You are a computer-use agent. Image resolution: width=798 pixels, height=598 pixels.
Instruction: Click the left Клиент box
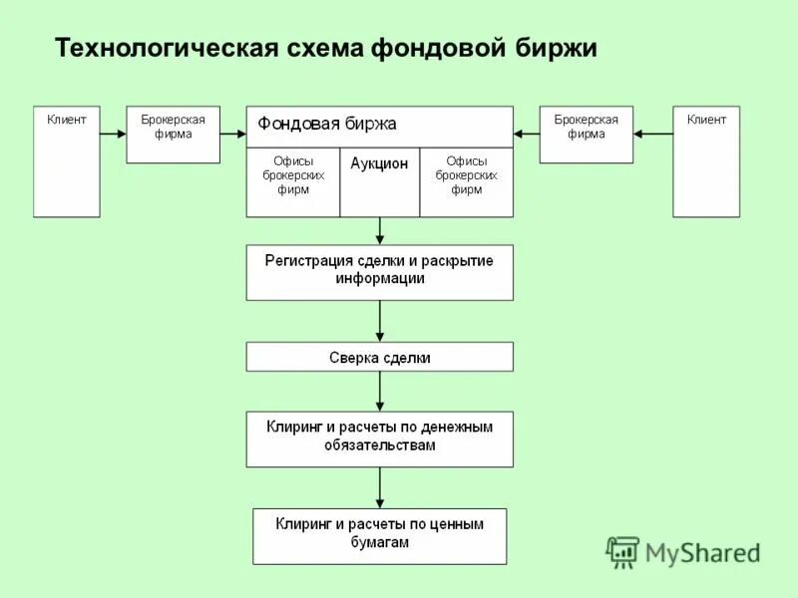point(67,161)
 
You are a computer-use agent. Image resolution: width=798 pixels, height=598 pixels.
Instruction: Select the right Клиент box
point(706,161)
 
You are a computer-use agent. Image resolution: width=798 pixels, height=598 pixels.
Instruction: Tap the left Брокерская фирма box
point(173,135)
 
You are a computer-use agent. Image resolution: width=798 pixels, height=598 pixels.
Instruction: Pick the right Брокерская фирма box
point(586,135)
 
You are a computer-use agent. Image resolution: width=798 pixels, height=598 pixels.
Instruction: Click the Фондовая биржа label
point(327,125)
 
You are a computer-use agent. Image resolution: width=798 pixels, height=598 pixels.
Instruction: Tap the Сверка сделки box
point(379,357)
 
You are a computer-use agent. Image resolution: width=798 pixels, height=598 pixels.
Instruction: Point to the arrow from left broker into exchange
point(232,133)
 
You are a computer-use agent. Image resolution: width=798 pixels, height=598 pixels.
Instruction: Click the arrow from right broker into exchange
point(527,133)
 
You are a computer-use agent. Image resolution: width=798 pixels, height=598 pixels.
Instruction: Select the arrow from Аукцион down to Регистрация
point(380,231)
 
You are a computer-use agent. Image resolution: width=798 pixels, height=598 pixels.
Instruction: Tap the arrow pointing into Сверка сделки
point(380,322)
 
